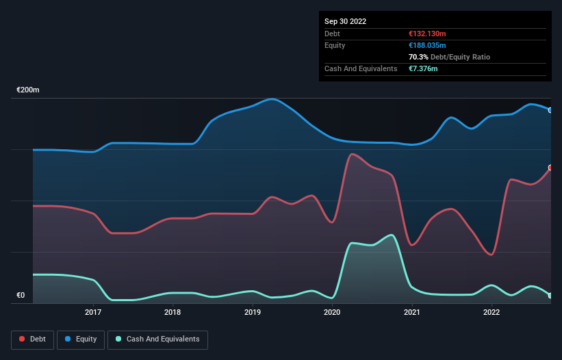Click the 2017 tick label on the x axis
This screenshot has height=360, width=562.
click(x=93, y=313)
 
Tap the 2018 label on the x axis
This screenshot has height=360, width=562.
click(x=173, y=313)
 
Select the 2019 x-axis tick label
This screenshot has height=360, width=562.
click(x=253, y=313)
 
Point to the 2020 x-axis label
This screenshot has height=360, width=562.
click(x=332, y=313)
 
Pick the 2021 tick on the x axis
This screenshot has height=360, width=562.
click(x=412, y=313)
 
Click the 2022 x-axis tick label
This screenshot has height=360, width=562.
click(x=491, y=313)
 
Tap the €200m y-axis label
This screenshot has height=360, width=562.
click(x=28, y=90)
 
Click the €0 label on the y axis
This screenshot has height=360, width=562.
click(x=21, y=296)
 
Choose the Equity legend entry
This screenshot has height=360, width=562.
click(x=81, y=339)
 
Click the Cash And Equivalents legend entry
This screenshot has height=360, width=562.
click(x=157, y=339)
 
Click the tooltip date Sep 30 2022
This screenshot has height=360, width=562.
click(x=345, y=21)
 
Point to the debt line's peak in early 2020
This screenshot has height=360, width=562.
click(x=352, y=154)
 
